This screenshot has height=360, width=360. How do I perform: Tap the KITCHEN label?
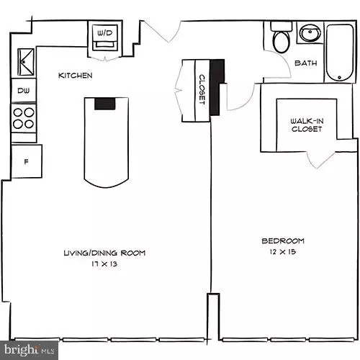coord(75,75)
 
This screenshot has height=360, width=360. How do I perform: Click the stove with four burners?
coord(24,118)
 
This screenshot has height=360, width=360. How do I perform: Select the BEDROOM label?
coord(283,240)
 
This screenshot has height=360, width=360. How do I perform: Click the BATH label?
coord(305,63)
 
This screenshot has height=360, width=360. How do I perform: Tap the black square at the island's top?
coord(105,102)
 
